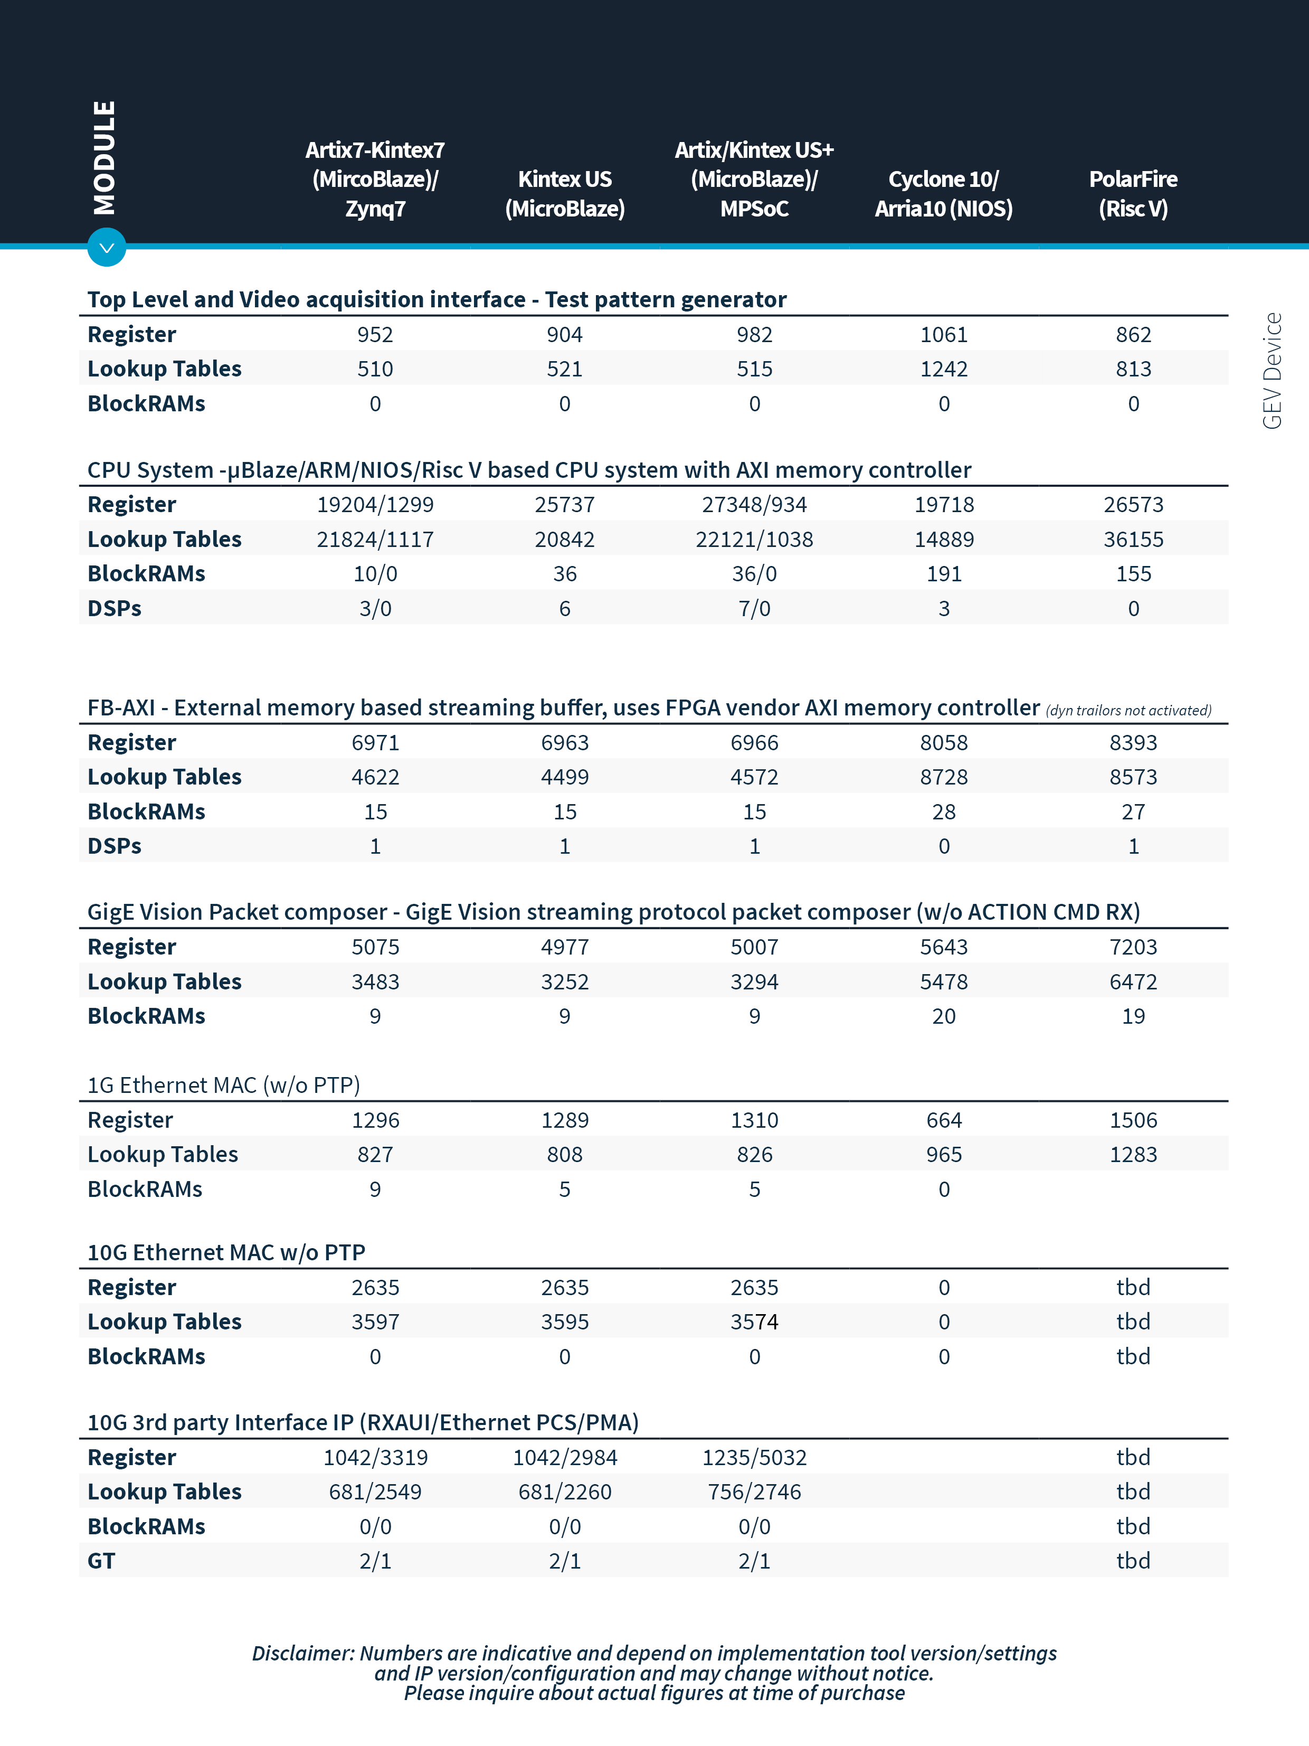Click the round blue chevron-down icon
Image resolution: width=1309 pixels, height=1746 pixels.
(x=107, y=248)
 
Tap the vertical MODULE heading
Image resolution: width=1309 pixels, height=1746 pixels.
(x=104, y=158)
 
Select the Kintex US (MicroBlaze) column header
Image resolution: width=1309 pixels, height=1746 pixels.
(x=565, y=193)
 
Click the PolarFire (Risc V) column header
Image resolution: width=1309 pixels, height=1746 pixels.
(x=1133, y=193)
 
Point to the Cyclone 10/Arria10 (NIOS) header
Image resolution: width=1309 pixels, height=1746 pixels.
(x=944, y=193)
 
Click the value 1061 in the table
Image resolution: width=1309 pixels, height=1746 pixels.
(x=944, y=335)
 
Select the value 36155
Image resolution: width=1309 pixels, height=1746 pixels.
(x=1133, y=539)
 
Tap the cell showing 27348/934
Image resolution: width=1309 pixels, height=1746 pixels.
(x=754, y=504)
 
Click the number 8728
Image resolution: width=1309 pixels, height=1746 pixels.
(x=944, y=777)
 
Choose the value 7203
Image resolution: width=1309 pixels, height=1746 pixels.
(x=1133, y=947)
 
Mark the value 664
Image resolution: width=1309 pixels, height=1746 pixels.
(x=944, y=1120)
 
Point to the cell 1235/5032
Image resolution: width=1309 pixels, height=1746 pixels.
(x=754, y=1457)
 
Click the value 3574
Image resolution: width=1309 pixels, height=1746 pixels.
(x=754, y=1322)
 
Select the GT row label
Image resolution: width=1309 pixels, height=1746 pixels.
(x=102, y=1561)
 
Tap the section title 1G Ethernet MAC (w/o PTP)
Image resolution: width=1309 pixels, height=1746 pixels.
(x=223, y=1086)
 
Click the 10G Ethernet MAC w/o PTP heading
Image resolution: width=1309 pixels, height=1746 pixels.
(x=226, y=1253)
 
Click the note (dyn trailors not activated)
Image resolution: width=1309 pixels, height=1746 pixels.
(x=1128, y=711)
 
